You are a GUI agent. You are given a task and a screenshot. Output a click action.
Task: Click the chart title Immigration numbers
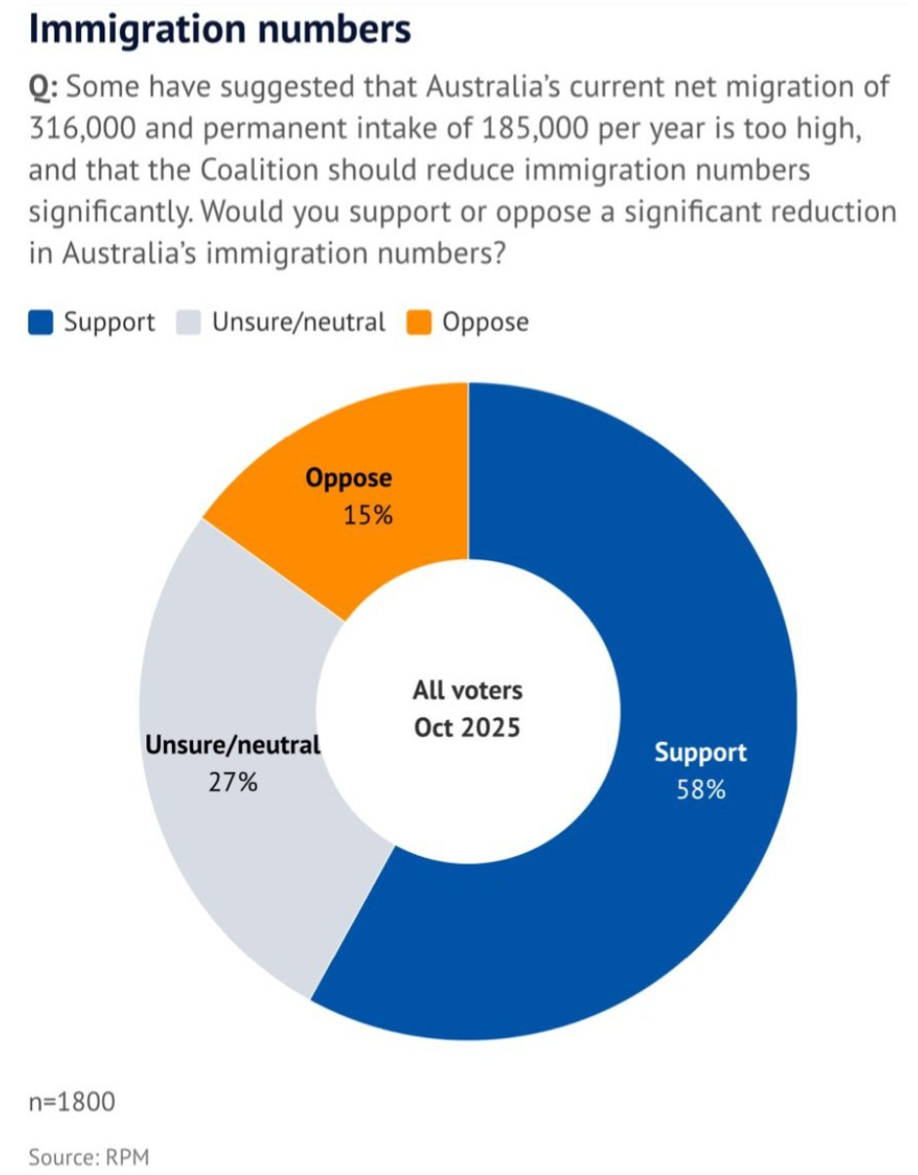point(220,29)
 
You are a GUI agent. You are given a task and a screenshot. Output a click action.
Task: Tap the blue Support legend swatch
point(40,323)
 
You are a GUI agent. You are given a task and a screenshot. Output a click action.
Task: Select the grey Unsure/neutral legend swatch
point(188,323)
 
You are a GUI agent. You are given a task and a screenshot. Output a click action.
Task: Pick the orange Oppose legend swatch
point(420,323)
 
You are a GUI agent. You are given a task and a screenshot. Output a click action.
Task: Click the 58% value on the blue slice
point(700,790)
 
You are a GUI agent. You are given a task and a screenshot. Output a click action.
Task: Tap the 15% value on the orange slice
point(368,514)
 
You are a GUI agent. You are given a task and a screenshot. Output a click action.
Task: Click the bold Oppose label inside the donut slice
point(348,479)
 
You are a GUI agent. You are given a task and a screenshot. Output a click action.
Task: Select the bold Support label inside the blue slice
point(700,753)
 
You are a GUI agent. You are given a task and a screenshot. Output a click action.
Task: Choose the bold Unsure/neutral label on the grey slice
point(233,746)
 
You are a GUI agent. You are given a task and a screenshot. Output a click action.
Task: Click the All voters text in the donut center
point(467,691)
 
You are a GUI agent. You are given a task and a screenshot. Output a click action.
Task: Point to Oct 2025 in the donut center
point(467,728)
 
